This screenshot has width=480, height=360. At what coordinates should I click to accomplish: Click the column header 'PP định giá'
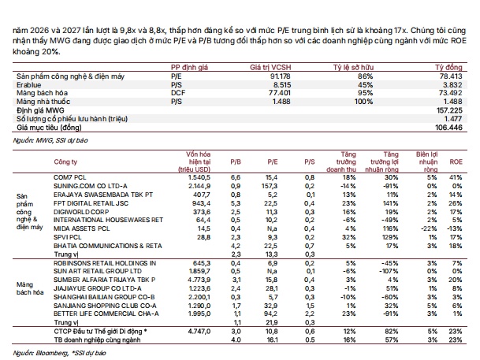tap(189, 68)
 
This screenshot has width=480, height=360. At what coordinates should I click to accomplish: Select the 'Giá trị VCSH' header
tap(270, 68)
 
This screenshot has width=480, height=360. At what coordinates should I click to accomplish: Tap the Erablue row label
tap(29, 85)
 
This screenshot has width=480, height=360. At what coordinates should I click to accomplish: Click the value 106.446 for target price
tap(448, 128)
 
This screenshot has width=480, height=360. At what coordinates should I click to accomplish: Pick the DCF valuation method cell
tap(178, 93)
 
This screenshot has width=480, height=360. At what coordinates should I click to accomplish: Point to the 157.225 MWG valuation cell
tap(449, 110)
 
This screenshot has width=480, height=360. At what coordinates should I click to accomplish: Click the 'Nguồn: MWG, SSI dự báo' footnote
tap(50, 140)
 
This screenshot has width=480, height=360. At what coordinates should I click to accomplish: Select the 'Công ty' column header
tap(65, 161)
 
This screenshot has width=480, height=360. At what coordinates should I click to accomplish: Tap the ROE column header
tap(456, 161)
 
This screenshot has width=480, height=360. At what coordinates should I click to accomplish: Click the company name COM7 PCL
tap(70, 177)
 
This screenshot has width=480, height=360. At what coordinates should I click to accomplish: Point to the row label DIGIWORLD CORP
tap(81, 212)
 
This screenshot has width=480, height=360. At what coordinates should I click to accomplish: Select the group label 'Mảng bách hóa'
tap(30, 288)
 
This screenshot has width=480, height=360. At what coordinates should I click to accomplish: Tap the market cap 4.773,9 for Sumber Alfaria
tap(199, 280)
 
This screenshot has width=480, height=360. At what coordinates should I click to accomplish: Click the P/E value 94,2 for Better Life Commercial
tap(272, 314)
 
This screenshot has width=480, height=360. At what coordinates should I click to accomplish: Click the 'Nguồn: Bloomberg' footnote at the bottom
tap(59, 353)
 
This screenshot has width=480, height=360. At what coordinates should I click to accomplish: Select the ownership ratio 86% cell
tap(365, 76)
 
